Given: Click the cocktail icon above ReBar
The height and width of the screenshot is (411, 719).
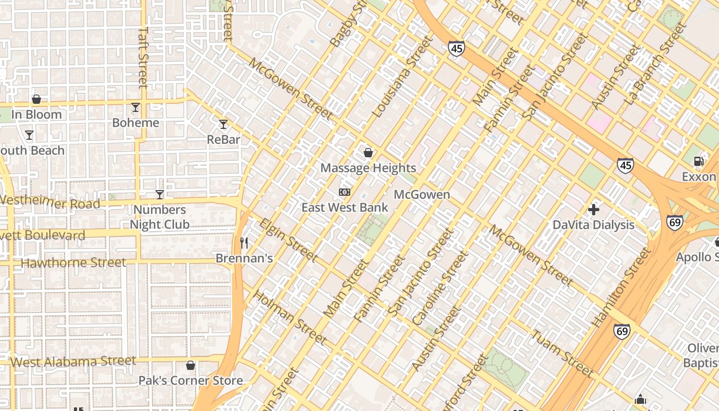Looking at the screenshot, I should (223, 124).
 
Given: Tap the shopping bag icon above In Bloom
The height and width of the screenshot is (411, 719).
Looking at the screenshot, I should (36, 99).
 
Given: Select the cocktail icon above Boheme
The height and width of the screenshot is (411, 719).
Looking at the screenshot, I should (136, 107).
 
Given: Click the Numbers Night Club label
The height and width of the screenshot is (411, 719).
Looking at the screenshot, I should (159, 217).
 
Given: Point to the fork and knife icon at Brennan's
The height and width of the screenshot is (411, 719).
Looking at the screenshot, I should (244, 242).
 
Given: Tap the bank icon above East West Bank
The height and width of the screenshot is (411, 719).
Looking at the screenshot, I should (345, 192).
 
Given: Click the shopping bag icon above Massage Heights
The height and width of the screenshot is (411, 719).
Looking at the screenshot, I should (368, 153).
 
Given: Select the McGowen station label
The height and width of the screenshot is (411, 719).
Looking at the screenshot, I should (422, 195).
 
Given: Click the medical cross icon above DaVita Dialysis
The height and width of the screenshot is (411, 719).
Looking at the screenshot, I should (594, 210).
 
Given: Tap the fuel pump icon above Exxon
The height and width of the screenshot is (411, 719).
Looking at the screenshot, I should (698, 161).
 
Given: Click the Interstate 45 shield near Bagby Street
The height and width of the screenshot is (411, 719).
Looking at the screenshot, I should (456, 49).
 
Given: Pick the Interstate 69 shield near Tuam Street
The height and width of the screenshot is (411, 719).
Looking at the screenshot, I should (621, 331).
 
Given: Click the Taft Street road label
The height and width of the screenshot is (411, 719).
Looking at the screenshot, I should (143, 57).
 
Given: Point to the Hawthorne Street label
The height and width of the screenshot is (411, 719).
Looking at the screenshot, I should (73, 263).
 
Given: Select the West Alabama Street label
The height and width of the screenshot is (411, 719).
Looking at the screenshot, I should (73, 362).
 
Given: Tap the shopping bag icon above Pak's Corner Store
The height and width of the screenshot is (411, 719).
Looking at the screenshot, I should (191, 365).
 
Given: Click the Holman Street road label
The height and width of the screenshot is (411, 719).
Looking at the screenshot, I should (290, 317).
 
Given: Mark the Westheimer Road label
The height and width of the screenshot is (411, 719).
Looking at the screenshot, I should (50, 201).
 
